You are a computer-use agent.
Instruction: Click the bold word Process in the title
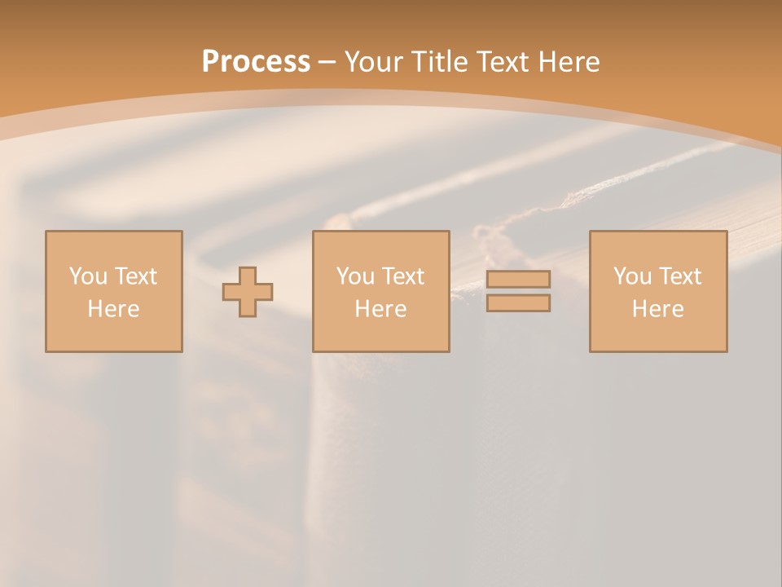(256, 62)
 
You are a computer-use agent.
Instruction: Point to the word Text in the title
(503, 62)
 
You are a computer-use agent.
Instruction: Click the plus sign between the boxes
(248, 292)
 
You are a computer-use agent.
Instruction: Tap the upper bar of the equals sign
(518, 279)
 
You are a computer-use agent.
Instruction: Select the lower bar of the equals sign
(518, 303)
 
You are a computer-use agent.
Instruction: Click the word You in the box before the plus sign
(88, 276)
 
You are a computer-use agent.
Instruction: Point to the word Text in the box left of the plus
(135, 276)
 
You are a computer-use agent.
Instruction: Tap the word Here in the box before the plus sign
(113, 309)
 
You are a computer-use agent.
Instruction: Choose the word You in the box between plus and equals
(355, 276)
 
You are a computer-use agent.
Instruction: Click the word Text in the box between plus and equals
(402, 276)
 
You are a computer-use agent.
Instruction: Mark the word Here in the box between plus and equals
(380, 309)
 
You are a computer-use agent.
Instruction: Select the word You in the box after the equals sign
(632, 276)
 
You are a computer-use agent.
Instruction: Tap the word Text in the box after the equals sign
(679, 276)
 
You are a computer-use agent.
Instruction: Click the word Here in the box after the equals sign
(657, 309)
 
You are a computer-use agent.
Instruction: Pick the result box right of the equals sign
(658, 334)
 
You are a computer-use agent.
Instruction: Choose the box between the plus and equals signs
(380, 334)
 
